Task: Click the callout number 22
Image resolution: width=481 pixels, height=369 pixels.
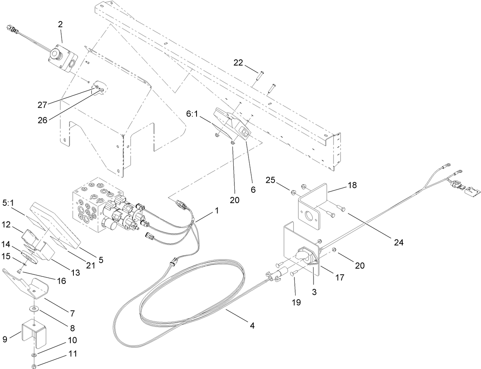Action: tap(238, 63)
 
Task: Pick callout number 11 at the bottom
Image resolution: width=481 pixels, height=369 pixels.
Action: tap(73, 354)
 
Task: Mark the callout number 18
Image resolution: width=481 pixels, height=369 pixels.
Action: tap(352, 185)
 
